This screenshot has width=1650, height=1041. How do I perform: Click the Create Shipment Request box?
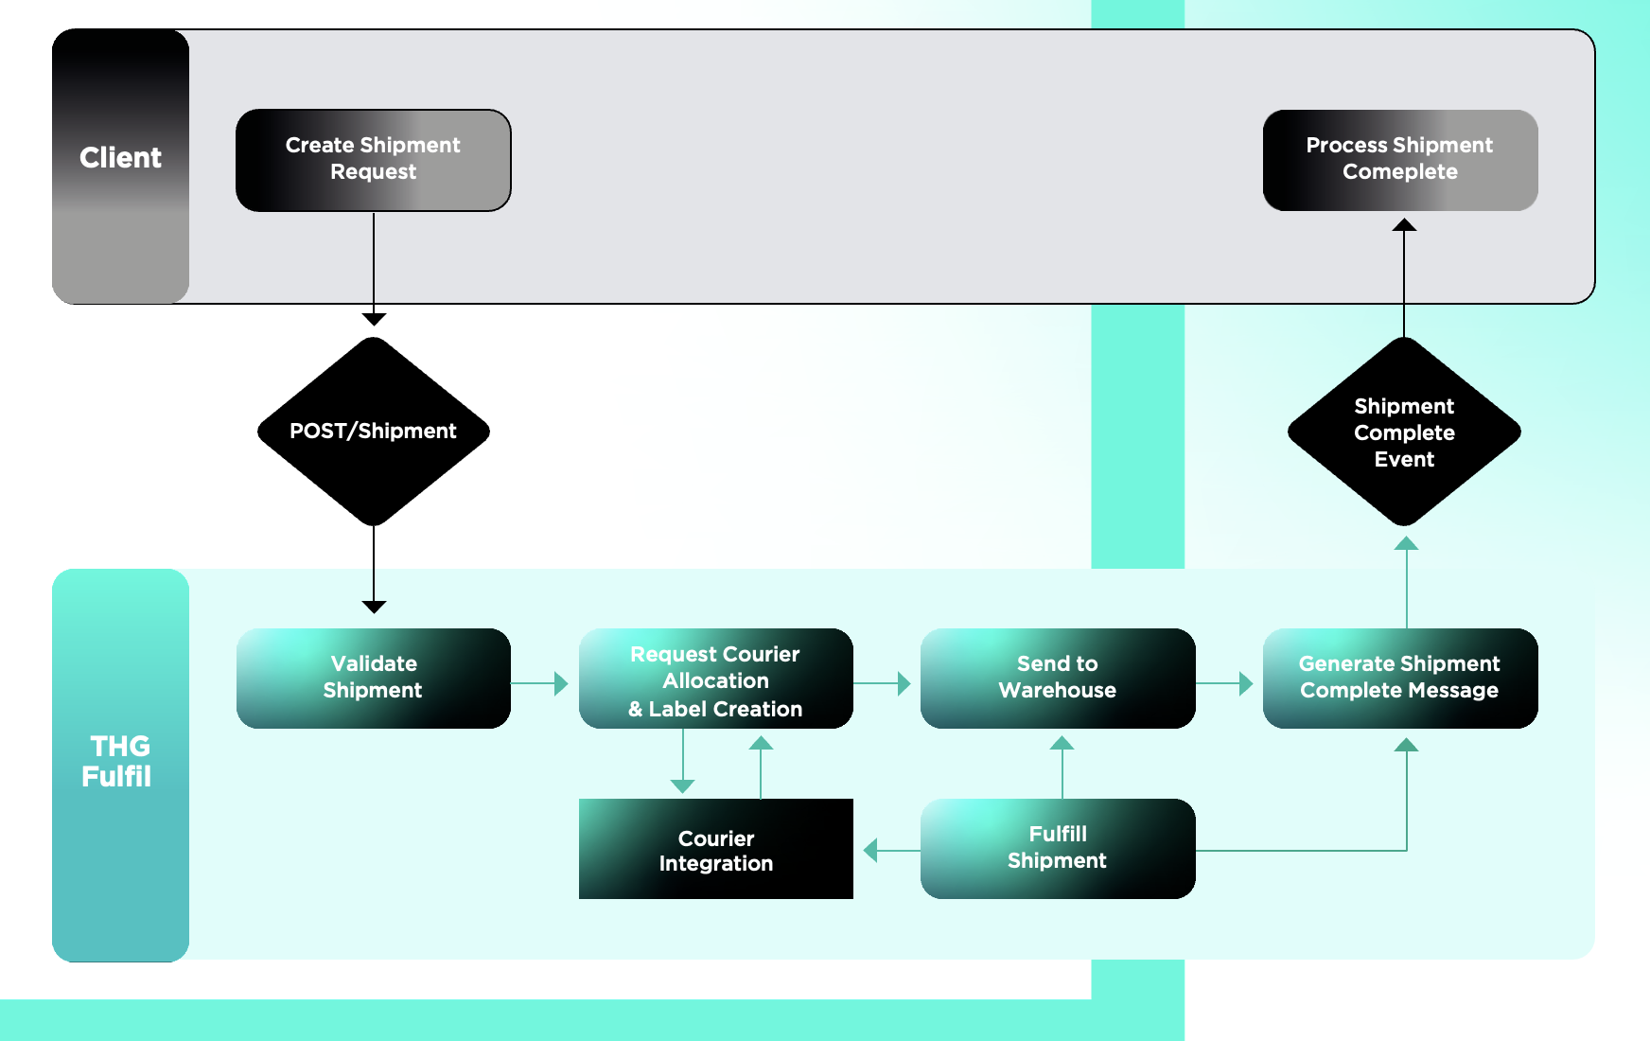point(373,160)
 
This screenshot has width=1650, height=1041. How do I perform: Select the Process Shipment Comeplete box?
point(1399,160)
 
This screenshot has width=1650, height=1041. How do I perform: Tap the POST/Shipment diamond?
point(373,432)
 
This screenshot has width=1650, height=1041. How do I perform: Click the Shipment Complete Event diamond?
point(1404,432)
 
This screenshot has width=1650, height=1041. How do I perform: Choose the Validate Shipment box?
point(373,678)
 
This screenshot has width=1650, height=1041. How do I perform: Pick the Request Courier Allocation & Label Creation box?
point(715,678)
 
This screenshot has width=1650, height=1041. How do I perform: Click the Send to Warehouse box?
point(1057,678)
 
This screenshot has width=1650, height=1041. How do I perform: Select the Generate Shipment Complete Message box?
point(1399,678)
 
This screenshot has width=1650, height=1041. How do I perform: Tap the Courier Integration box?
point(715,849)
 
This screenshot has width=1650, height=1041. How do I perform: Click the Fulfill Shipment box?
point(1057,849)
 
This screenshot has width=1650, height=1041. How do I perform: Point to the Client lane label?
point(120,158)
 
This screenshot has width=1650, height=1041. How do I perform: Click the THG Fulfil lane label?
point(118,761)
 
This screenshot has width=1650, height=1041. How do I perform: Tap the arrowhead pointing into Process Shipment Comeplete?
point(1404,225)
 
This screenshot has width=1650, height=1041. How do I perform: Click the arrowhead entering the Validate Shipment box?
point(374,607)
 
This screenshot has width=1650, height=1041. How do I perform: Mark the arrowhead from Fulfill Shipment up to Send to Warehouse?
point(1062,743)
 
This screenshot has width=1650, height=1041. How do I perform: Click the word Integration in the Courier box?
point(715,863)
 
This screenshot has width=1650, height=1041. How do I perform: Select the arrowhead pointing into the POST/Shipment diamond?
point(374,319)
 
